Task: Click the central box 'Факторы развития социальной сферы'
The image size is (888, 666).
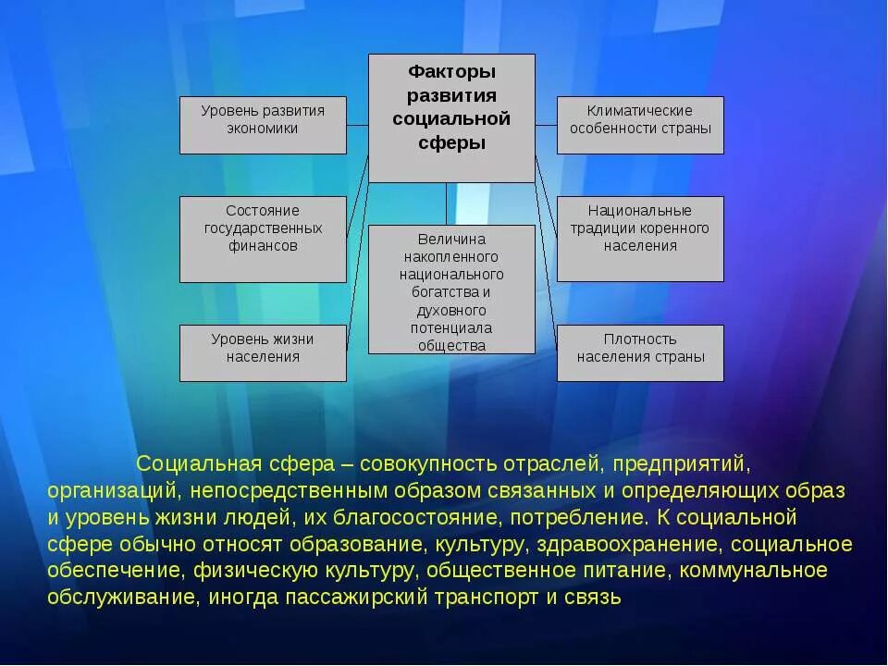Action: [x=451, y=117]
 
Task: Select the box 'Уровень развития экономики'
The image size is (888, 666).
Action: [x=263, y=125]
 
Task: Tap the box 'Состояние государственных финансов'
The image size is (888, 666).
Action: [x=263, y=239]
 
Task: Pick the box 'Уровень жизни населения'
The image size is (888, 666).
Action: [x=263, y=352]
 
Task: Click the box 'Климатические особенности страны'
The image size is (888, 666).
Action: [x=640, y=125]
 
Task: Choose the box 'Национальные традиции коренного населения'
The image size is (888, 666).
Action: [x=640, y=239]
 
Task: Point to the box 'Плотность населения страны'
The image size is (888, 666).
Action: [x=640, y=352]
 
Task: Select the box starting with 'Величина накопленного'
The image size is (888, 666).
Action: [x=451, y=290]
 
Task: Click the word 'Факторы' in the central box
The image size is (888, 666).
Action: [x=451, y=71]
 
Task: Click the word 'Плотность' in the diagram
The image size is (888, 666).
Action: [x=640, y=339]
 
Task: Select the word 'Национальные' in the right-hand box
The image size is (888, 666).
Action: [x=640, y=210]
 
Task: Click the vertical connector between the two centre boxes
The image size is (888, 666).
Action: [x=446, y=203]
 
